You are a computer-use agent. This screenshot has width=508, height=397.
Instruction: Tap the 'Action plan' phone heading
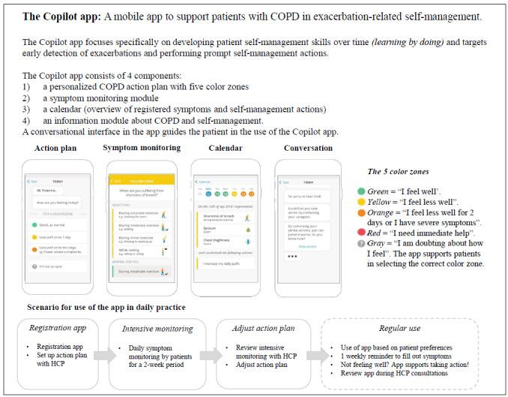point(55,148)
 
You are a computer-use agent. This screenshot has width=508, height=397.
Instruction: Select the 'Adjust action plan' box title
point(256,328)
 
